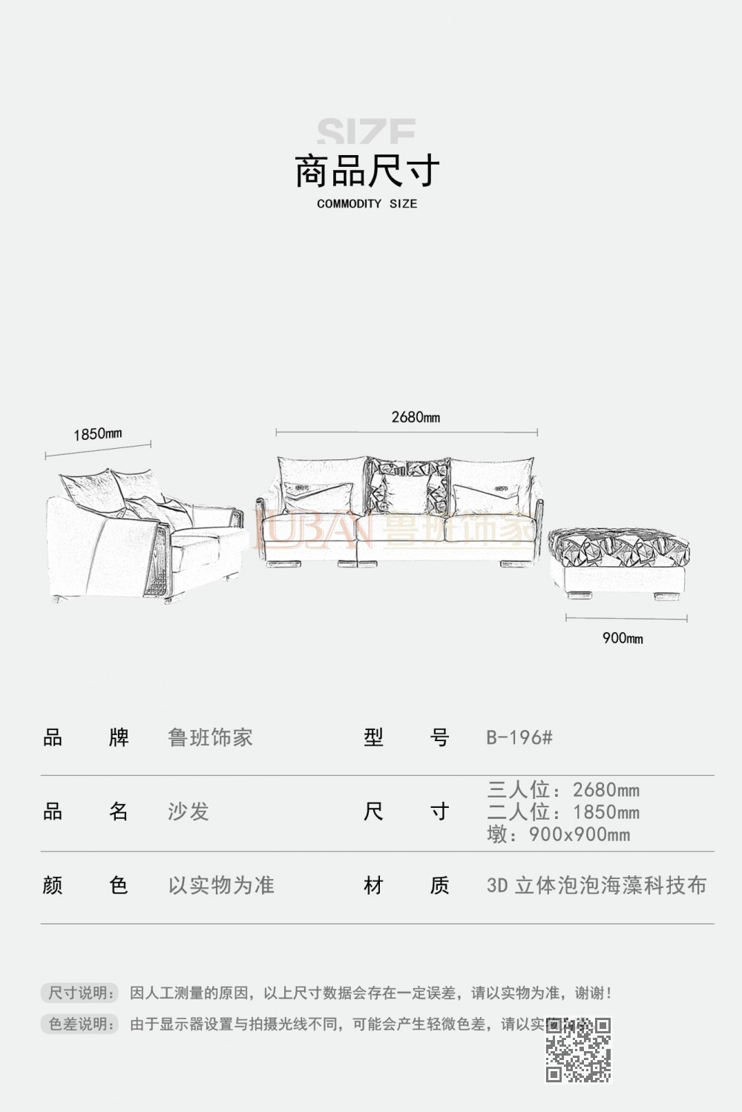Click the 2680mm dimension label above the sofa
(x=416, y=417)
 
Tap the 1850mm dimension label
(x=97, y=434)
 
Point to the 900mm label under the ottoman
(x=623, y=638)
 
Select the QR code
(x=578, y=1049)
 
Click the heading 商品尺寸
(x=367, y=171)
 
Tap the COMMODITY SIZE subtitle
(x=367, y=204)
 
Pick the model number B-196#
(x=519, y=737)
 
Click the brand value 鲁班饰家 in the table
(x=211, y=737)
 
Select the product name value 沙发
(x=188, y=812)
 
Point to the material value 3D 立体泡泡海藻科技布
(x=597, y=885)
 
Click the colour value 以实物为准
(x=221, y=885)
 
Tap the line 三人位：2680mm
(x=563, y=790)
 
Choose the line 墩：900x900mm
(x=559, y=835)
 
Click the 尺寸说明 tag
(x=79, y=993)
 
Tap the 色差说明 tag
(x=79, y=1024)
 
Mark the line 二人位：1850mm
(x=563, y=812)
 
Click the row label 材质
(x=407, y=885)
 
